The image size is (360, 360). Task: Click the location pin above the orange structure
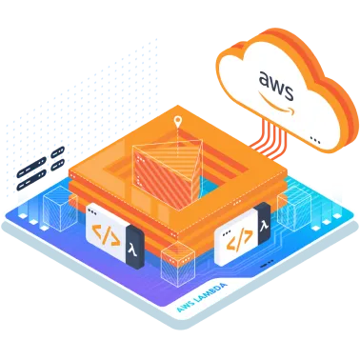[x=177, y=122]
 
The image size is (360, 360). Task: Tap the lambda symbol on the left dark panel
[x=132, y=244]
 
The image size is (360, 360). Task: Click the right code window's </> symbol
[x=231, y=242]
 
